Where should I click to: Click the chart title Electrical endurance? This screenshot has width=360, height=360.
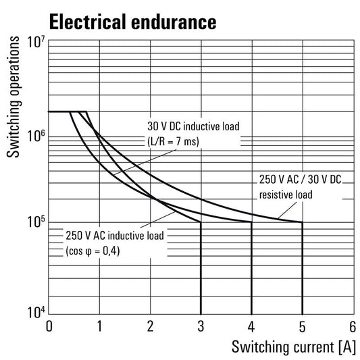(132, 22)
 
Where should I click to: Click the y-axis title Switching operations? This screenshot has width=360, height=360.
(13, 97)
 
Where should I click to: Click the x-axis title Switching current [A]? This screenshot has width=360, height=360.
(294, 347)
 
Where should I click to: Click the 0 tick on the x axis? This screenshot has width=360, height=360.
(49, 326)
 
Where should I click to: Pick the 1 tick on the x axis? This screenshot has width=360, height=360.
(99, 326)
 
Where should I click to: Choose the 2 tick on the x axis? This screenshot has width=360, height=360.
(150, 326)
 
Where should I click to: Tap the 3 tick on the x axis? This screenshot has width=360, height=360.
(201, 326)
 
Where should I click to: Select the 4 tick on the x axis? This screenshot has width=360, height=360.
(252, 326)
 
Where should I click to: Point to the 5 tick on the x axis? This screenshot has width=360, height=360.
(303, 326)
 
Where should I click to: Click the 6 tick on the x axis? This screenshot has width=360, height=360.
(353, 326)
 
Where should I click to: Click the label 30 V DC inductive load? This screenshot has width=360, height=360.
(193, 126)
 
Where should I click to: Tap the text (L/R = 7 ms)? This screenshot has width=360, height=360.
(173, 141)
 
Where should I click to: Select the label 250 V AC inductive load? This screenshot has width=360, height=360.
(115, 236)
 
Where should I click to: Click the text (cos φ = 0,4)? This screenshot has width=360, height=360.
(93, 251)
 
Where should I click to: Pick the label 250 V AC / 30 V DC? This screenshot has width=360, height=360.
(301, 179)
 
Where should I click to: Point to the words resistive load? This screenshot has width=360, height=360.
(286, 195)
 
